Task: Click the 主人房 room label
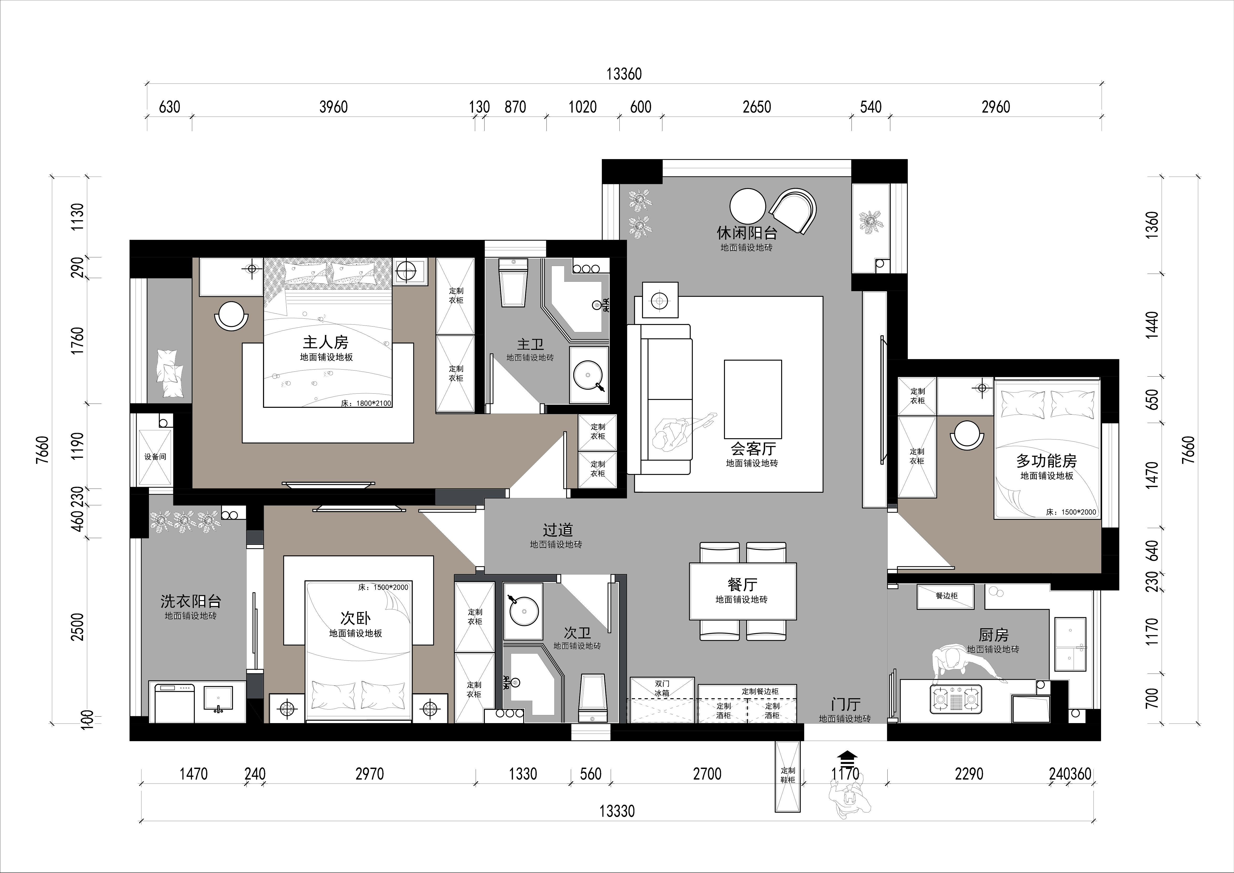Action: pos(325,342)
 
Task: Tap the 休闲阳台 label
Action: pos(747,233)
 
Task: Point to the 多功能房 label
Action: pos(1046,461)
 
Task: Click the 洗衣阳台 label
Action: pos(191,601)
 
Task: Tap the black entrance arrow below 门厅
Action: pos(847,757)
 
